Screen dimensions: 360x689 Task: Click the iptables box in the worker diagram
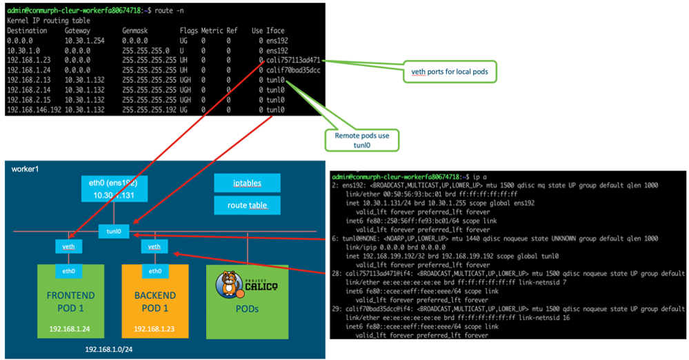click(x=246, y=183)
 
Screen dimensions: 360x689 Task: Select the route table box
click(x=246, y=205)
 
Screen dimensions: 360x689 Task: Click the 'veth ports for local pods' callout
click(x=449, y=70)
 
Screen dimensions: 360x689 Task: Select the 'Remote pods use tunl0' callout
click(x=361, y=140)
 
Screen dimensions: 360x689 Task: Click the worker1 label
click(x=26, y=170)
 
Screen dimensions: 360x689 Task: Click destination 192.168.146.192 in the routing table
click(x=34, y=110)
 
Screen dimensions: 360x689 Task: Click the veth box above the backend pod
click(x=154, y=246)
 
